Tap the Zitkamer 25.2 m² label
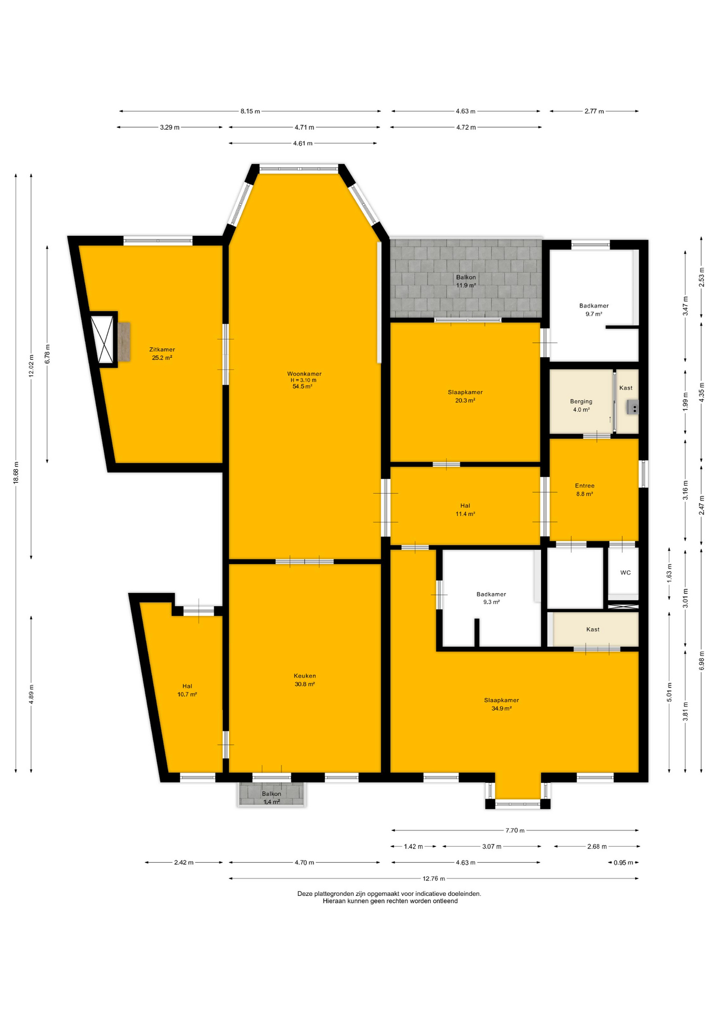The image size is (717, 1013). [162, 353]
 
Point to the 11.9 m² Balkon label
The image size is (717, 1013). [466, 281]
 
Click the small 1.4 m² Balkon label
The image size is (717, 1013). [271, 798]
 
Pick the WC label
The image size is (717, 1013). [625, 572]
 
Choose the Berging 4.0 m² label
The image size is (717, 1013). [581, 405]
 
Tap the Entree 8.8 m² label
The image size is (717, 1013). [584, 490]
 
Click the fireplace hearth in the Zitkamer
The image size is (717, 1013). [124, 342]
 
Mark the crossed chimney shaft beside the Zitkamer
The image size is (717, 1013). [102, 339]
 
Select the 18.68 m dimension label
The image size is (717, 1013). [16, 472]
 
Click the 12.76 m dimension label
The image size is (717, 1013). [433, 878]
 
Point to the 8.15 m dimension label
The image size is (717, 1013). [250, 111]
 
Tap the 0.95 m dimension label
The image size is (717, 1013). [623, 863]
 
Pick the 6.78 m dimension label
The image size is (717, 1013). [48, 354]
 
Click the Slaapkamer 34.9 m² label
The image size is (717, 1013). [501, 704]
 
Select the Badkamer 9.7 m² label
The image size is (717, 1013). [593, 310]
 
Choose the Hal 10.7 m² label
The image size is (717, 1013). [187, 690]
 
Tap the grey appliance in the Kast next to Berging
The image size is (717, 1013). [633, 407]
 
